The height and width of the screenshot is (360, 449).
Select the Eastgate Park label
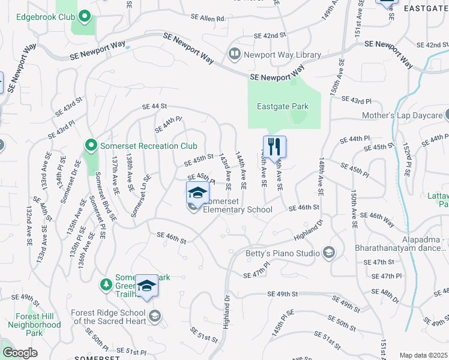pos(282,107)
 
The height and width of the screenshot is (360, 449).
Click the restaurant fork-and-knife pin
pos(274,146)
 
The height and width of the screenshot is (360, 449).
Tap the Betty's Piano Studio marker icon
pos(328,253)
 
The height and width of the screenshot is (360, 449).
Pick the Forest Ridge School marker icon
pos(155,316)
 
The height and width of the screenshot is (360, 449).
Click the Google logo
pos(20,353)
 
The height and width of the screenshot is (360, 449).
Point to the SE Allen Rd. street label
pos(208,19)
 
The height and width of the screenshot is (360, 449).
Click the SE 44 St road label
pos(154,106)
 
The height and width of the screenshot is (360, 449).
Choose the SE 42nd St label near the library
pos(270,35)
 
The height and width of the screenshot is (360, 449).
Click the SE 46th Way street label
pos(377,218)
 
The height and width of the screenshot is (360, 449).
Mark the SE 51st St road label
pos(204,335)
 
